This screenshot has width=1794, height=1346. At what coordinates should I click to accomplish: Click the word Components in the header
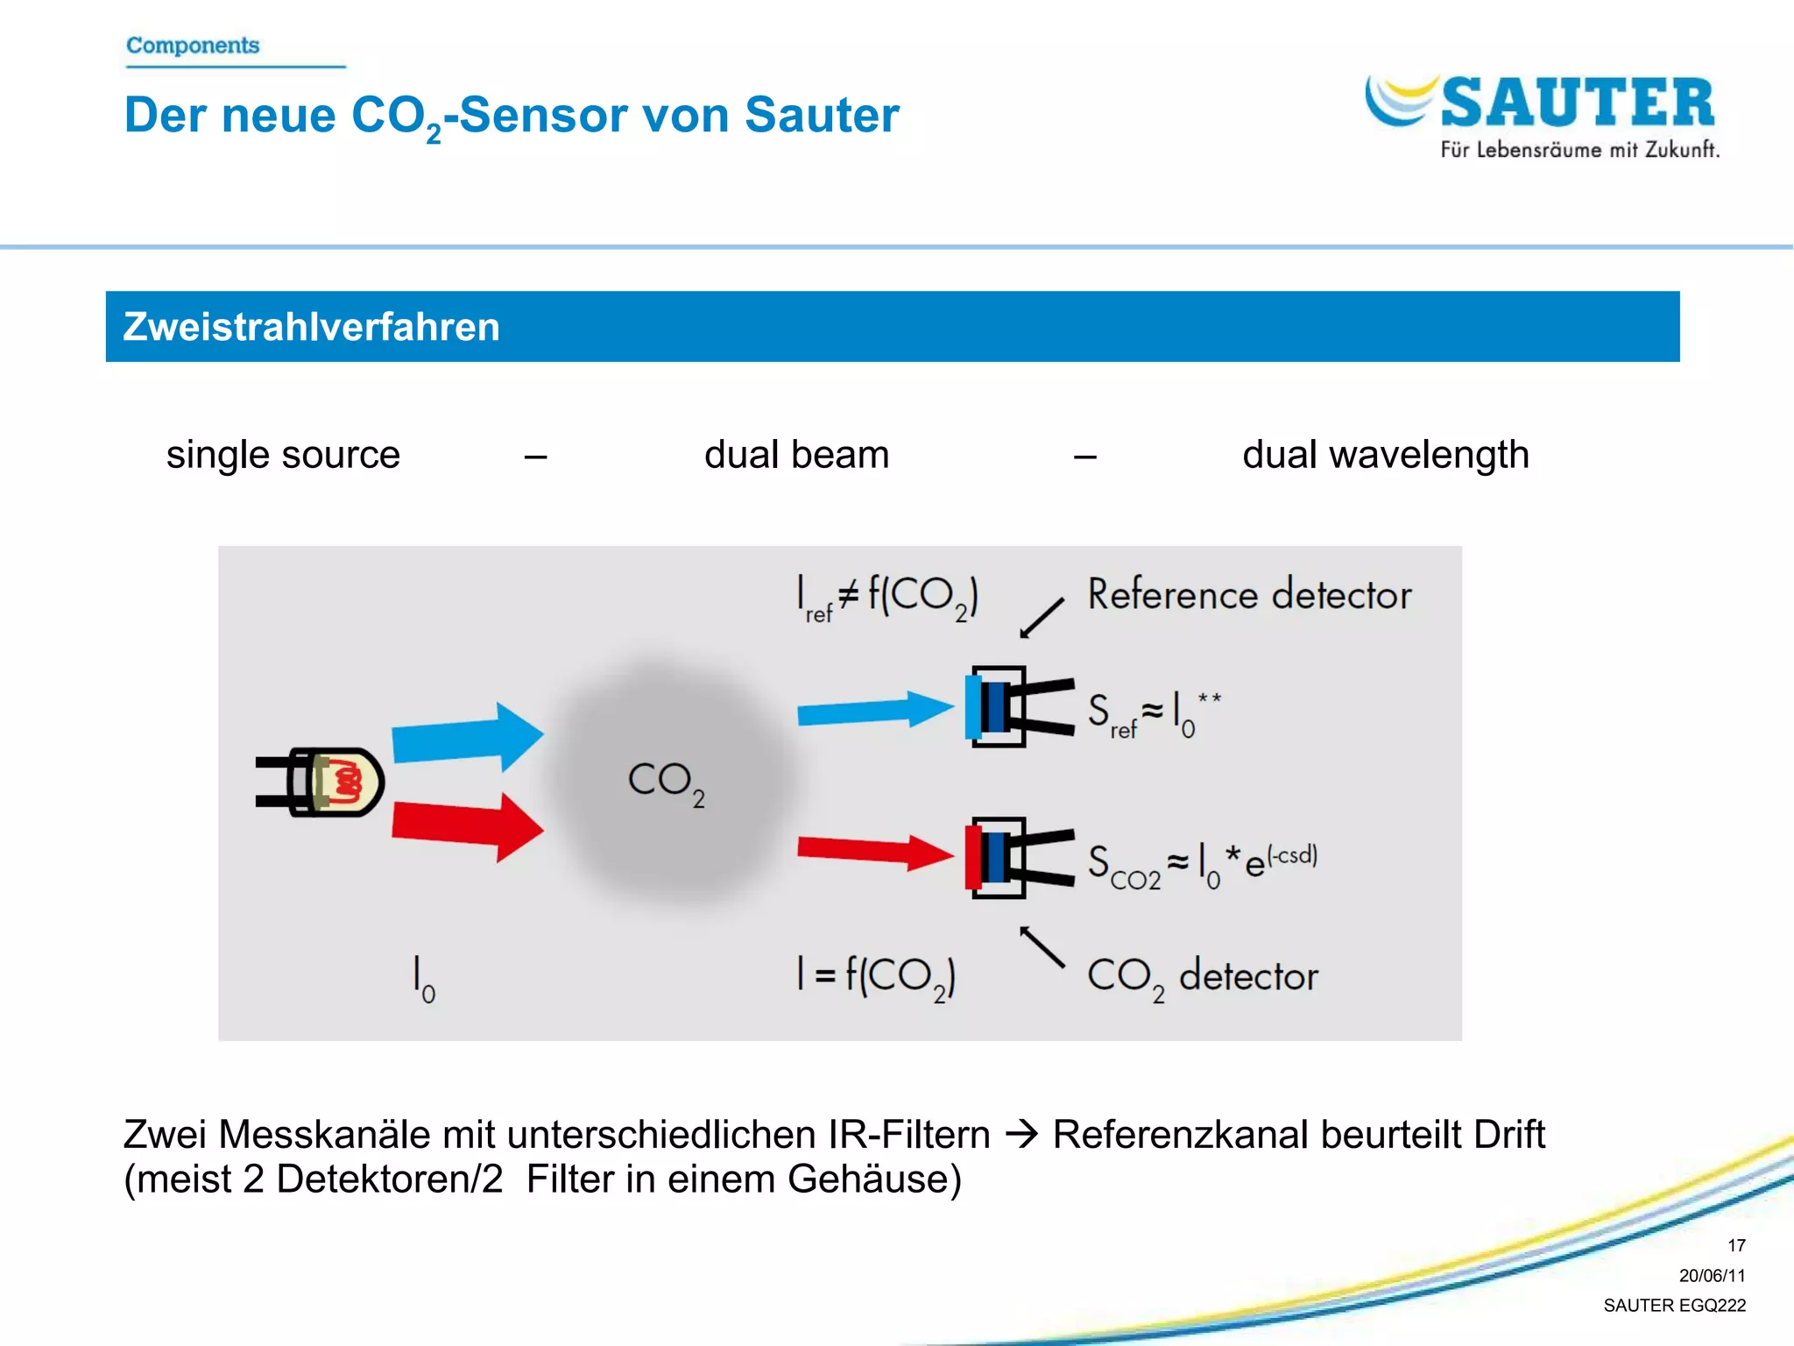point(193,45)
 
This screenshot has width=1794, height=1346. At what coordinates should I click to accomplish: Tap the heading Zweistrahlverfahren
point(311,327)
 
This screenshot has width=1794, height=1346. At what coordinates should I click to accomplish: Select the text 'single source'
point(283,455)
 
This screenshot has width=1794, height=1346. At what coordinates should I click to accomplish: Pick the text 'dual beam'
point(796,455)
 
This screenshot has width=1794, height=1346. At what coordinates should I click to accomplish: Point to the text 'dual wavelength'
point(1385,455)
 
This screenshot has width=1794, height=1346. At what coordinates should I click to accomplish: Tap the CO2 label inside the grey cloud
point(666,782)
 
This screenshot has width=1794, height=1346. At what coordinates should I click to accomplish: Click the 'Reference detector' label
point(1249,595)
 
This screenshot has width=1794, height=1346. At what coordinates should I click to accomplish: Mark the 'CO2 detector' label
point(1202,977)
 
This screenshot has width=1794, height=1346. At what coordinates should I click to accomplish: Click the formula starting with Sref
point(1153,713)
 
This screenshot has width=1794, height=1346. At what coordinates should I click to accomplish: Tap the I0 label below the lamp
point(423,979)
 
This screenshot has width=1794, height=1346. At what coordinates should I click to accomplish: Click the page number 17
point(1736,1245)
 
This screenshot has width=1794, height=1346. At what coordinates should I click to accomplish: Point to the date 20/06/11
point(1712,1275)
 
